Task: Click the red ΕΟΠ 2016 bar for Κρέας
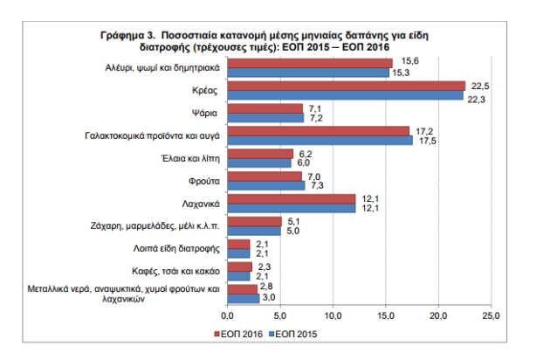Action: (x=346, y=86)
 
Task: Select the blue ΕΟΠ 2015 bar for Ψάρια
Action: (x=265, y=118)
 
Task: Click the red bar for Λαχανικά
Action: (x=292, y=198)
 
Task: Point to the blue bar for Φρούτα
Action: (x=266, y=185)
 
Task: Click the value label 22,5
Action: (x=478, y=84)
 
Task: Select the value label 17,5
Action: (x=427, y=141)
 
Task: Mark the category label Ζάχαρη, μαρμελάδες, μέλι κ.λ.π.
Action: (x=155, y=225)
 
